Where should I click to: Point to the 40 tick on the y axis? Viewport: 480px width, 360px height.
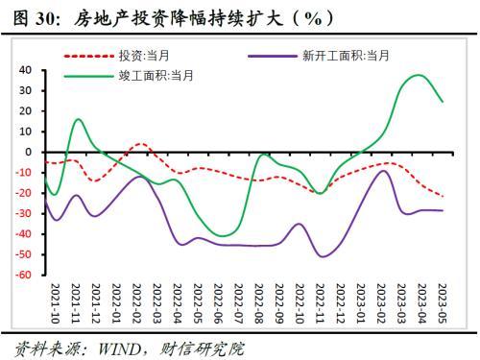(x=25, y=70)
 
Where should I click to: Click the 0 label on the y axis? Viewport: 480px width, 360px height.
(x=29, y=152)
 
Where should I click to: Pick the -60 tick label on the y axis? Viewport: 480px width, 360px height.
(x=24, y=275)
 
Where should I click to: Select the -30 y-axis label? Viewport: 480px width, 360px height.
(x=24, y=213)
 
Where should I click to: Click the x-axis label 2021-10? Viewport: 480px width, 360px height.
(x=56, y=303)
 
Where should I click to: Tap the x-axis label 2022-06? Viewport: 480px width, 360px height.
(x=218, y=303)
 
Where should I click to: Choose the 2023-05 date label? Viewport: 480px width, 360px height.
(x=442, y=303)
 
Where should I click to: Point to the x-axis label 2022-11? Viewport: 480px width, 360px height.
(x=320, y=303)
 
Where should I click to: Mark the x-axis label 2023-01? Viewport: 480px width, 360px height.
(x=361, y=303)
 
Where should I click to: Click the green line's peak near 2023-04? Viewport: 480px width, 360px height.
(x=419, y=76)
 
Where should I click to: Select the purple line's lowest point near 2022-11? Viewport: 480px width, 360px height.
(x=323, y=256)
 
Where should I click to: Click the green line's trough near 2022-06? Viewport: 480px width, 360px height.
(x=223, y=236)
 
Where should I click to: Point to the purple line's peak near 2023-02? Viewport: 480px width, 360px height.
(x=384, y=171)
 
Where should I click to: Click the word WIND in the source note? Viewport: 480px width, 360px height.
(x=119, y=348)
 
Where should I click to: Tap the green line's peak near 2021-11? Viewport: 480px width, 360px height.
(x=79, y=119)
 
